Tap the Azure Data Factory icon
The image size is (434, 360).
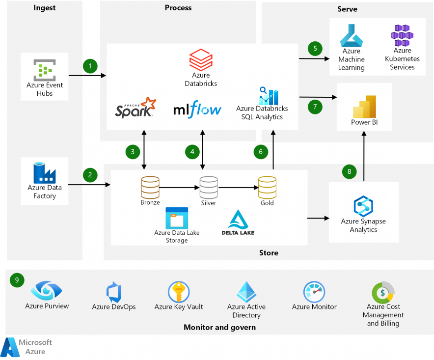pyautogui.click(x=44, y=172)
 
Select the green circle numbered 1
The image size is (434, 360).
pyautogui.click(x=90, y=66)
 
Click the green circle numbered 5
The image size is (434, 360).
pyautogui.click(x=315, y=48)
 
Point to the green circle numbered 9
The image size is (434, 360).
pyautogui.click(x=17, y=280)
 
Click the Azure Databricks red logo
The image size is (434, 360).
pyautogui.click(x=201, y=60)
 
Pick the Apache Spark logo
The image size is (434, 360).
pyautogui.click(x=135, y=108)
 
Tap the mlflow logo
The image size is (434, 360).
pyautogui.click(x=197, y=109)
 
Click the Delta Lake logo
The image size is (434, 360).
pyautogui.click(x=238, y=222)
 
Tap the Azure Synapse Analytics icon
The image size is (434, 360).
pyautogui.click(x=363, y=205)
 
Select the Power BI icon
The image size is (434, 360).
pyautogui.click(x=364, y=105)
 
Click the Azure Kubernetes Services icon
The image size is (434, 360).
pyautogui.click(x=402, y=35)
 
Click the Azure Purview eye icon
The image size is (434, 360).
pyautogui.click(x=46, y=291)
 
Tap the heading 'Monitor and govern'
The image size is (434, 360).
pyautogui.click(x=219, y=327)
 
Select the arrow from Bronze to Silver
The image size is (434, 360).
pyautogui.click(x=179, y=187)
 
